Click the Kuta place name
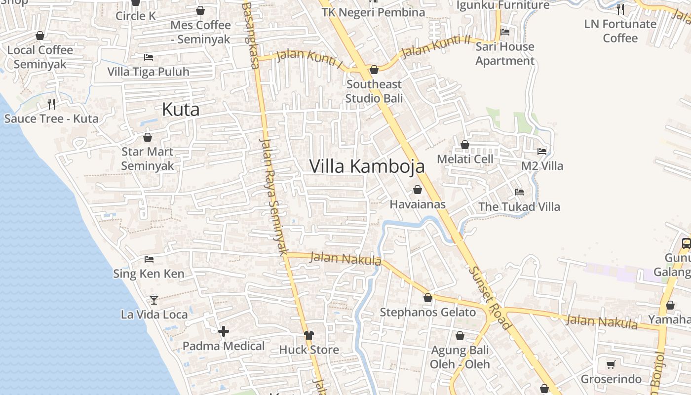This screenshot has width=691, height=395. coord(181,110)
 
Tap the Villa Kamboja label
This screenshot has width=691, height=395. coord(367,166)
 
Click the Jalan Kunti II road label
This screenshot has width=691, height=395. coord(436,47)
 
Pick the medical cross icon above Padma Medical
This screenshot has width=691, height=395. coord(224,331)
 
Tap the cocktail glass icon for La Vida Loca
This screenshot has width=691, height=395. coord(154,300)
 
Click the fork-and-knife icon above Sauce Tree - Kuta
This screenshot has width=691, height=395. coord(51,104)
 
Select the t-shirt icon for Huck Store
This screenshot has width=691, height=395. coord(309,335)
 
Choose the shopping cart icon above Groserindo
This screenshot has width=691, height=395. coord(611,365)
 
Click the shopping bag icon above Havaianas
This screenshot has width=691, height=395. coord(418,190)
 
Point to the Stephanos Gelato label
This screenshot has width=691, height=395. coord(427,313)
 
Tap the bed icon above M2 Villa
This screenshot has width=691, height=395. coord(542,151)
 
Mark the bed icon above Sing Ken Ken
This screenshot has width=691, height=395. coord(149,259)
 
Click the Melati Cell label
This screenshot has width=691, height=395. coord(465,159)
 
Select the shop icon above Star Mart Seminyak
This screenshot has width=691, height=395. coord(148,137)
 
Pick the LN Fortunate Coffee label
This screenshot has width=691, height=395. coord(620,31)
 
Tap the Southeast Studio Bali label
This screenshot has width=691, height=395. coord(374,91)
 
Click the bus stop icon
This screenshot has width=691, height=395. coord(686,243)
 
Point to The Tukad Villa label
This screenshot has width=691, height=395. coord(519,206)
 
